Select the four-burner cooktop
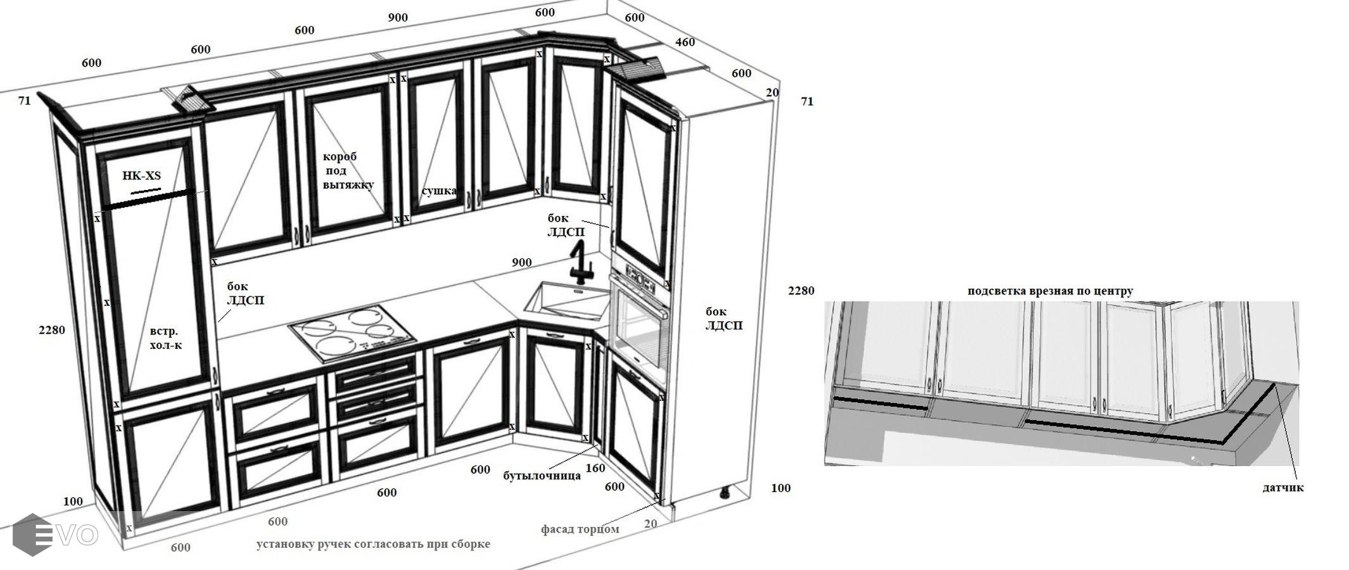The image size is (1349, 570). click(x=353, y=332)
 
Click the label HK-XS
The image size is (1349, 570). click(x=141, y=175)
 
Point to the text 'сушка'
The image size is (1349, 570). click(x=439, y=191)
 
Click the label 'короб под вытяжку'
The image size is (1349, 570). click(x=348, y=170)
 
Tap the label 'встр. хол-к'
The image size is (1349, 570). click(x=165, y=338)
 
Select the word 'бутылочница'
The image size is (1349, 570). click(x=542, y=476)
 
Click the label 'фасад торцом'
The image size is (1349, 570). click(x=580, y=529)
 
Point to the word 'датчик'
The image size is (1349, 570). click(x=1283, y=488)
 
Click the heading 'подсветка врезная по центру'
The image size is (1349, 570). click(x=1050, y=291)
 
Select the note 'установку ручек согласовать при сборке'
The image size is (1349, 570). click(x=373, y=544)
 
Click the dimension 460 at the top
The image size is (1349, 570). click(x=685, y=42)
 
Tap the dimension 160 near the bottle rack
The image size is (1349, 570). click(x=595, y=468)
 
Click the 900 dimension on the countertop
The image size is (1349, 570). click(x=521, y=262)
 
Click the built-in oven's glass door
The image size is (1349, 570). click(x=641, y=327)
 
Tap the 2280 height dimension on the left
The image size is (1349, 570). click(x=52, y=330)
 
